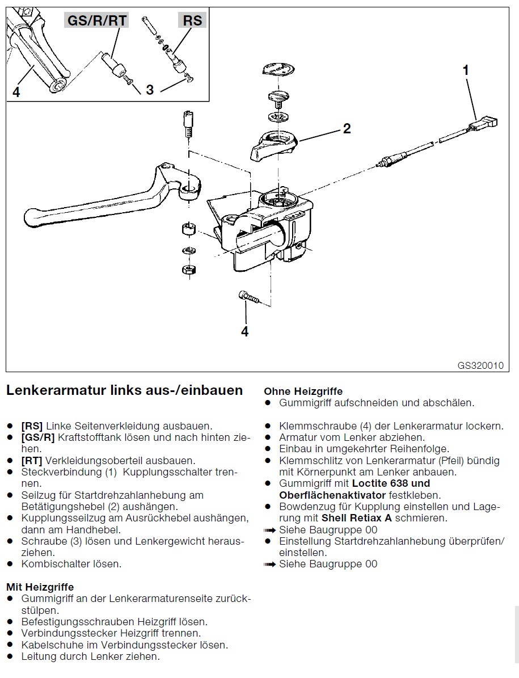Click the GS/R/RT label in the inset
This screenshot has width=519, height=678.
tap(97, 20)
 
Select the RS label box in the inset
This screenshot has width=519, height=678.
tap(192, 20)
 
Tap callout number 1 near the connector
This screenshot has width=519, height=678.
tap(466, 70)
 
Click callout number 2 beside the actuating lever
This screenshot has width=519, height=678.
tap(347, 128)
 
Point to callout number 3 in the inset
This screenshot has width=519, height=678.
tap(150, 90)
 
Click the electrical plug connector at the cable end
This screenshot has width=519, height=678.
tap(487, 123)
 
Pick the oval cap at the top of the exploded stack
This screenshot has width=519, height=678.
tap(278, 70)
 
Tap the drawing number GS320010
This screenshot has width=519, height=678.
tap(480, 365)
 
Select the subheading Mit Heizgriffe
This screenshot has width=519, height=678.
tap(40, 587)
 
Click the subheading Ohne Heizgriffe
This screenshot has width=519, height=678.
tap(303, 391)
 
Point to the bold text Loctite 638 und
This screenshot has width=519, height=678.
tap(391, 483)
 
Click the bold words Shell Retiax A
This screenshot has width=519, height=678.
tap(357, 518)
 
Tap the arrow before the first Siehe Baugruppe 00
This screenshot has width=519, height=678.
tap(269, 530)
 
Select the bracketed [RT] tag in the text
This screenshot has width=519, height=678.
tap(32, 461)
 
